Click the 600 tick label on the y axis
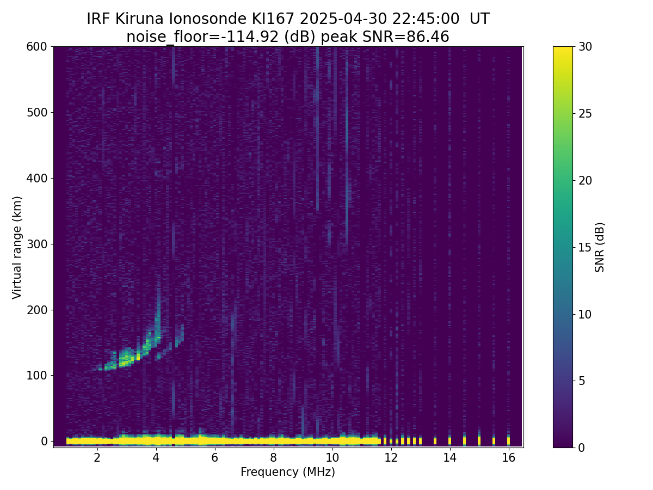coord(36,47)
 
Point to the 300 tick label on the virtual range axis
coord(36,244)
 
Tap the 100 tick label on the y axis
coord(36,376)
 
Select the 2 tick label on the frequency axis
coord(97,457)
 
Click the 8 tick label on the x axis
coord(273,457)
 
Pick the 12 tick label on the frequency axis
coord(391,457)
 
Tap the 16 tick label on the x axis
coord(509,457)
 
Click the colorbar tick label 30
coord(585,47)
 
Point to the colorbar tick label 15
coord(585,247)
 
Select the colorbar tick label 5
coord(582,381)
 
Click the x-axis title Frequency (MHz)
coord(288,472)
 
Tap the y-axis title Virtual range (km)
coord(17,248)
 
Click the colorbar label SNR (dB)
coord(600,247)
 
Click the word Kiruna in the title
coord(139,19)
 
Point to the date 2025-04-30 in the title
coord(343,19)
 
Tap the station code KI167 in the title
coord(273,19)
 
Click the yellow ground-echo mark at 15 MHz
coord(479,440)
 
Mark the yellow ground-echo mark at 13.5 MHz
coord(435,440)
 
